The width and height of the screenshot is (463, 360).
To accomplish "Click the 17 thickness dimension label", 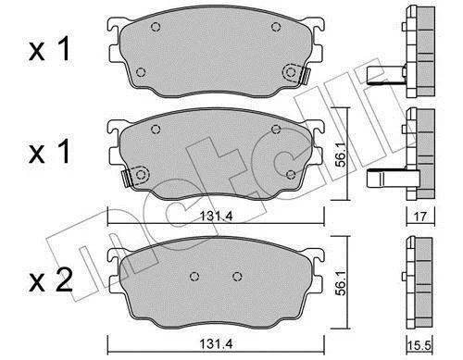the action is (x=419, y=217).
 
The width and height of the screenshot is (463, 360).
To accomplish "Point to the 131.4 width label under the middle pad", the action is (x=217, y=216).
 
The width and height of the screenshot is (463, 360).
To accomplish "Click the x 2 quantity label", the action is (x=51, y=280).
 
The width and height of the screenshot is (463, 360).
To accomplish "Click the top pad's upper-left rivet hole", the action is (x=156, y=27).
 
